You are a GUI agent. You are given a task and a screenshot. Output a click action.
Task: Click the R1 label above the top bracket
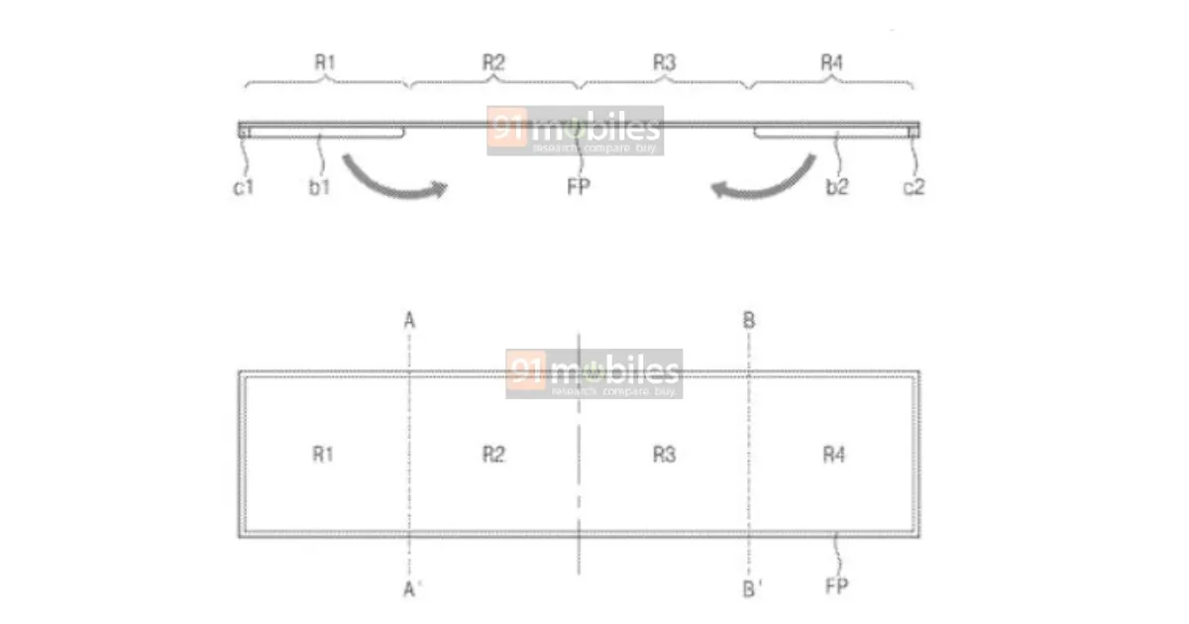point(325,62)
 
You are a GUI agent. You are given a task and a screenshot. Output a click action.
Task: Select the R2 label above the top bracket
point(493,62)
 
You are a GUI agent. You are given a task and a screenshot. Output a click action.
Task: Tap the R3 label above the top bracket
point(665,62)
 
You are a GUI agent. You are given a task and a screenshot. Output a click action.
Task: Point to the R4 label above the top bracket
point(831,62)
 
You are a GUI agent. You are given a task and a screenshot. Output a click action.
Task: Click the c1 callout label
point(244,187)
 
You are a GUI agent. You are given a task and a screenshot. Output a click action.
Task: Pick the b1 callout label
point(319,187)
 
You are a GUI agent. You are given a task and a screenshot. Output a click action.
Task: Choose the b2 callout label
point(837,187)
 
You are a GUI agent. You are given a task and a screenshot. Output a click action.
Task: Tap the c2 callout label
point(914,187)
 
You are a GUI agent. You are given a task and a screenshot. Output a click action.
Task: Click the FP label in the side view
point(579,187)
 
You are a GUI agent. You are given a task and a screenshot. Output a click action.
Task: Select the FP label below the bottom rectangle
point(837,585)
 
